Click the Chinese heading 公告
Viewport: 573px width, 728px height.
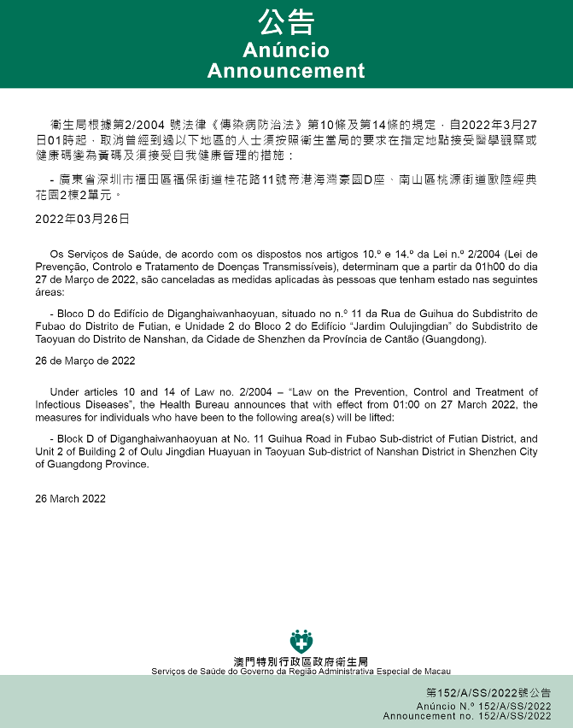coord(286,21)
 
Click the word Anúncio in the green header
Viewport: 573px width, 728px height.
coord(286,50)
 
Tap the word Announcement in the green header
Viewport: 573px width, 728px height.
coord(286,71)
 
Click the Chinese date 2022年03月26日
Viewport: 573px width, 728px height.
coord(82,219)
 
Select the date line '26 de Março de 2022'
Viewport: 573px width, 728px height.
coord(85,361)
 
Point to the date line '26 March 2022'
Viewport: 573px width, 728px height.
coord(71,499)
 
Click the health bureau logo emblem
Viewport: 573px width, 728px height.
coord(301,641)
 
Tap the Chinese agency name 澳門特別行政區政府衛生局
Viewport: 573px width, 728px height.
coord(301,662)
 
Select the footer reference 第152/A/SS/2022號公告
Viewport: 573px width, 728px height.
coord(488,693)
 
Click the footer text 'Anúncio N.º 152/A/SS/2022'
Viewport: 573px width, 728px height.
coord(483,707)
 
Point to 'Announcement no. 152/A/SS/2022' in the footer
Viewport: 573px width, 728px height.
coord(467,716)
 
